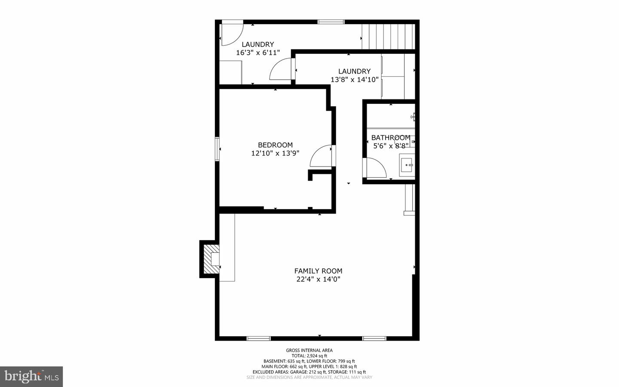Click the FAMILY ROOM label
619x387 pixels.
pos(318,271)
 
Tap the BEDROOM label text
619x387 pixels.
pos(275,145)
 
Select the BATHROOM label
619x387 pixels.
pos(390,138)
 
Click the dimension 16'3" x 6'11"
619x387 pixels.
pos(258,53)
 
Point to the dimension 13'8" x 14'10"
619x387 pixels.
pos(354,80)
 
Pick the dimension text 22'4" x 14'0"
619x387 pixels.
pos(318,279)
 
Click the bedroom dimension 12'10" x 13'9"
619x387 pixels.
pos(275,153)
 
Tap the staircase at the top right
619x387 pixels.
pos(388,37)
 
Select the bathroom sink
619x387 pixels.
pos(407,165)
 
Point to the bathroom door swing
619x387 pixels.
pos(376,167)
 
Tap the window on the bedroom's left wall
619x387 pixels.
pos(217,149)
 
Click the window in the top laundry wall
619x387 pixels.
pos(331,22)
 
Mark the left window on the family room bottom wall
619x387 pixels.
pos(258,338)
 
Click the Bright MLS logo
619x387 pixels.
pos(31,377)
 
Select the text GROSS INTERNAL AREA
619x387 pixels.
pos(309,350)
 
